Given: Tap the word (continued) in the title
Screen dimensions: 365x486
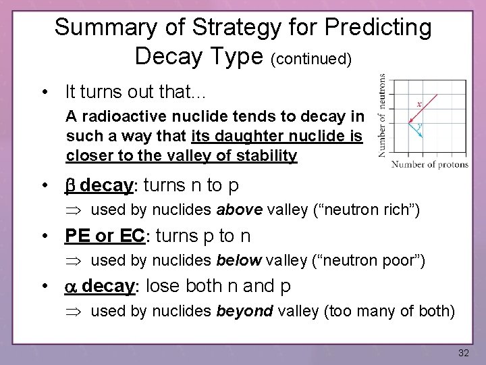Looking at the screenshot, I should (311, 59).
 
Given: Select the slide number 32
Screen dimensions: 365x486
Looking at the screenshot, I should (463, 353).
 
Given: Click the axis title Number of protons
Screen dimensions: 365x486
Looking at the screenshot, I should (430, 164).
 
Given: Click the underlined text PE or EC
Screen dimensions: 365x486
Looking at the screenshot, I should (105, 236).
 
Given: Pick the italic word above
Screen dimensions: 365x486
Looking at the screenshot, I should (240, 210).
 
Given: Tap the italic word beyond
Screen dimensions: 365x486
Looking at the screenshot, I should (244, 311).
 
